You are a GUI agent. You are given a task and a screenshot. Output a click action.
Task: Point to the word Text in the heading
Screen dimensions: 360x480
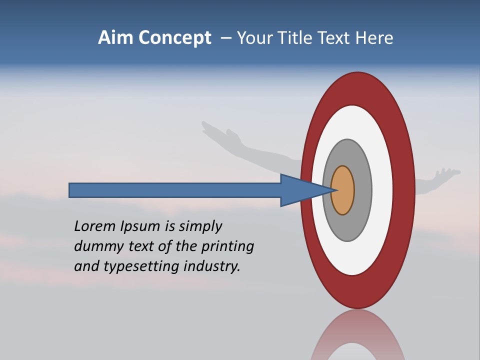336,38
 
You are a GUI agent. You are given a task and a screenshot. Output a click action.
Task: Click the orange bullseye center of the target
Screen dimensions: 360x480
343,190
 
